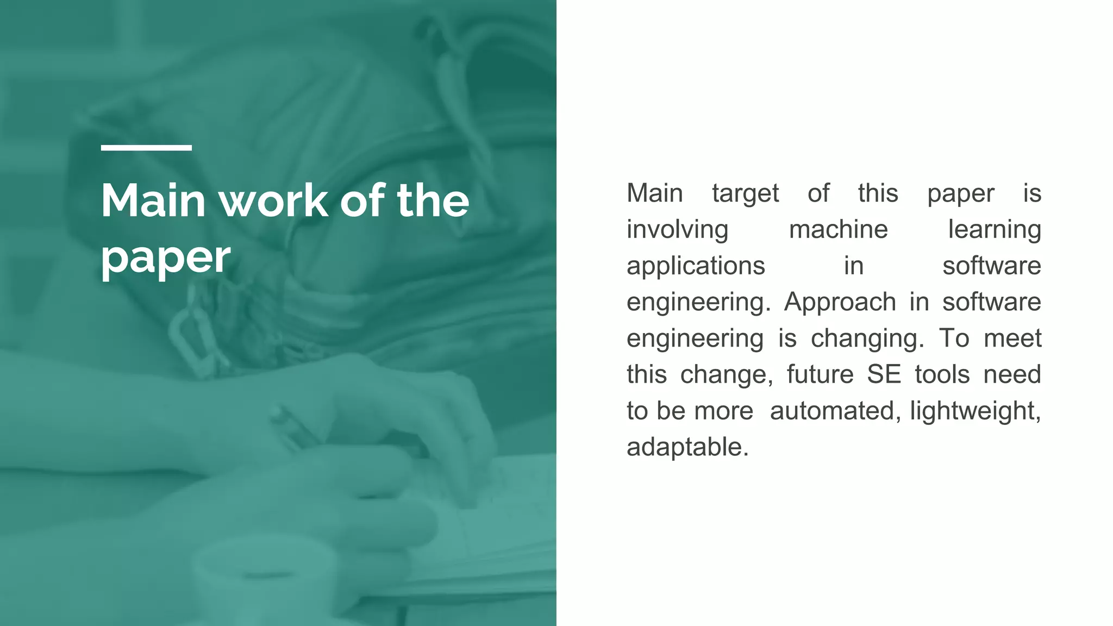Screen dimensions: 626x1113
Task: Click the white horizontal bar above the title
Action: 146,147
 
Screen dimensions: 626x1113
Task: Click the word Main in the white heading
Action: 153,201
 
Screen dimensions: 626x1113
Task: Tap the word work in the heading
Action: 273,201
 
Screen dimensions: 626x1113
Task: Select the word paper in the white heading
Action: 166,258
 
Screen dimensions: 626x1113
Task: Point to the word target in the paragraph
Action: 745,193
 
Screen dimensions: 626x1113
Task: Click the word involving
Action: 677,230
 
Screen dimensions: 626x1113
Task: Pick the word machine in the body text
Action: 838,229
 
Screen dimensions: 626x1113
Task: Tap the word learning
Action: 994,230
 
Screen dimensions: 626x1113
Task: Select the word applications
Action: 696,266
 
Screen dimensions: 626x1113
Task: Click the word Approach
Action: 840,303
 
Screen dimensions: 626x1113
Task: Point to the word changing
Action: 867,339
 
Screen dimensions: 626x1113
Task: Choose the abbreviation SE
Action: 884,375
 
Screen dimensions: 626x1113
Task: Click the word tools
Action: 942,375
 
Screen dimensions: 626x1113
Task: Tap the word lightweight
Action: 975,411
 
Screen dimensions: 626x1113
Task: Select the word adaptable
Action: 687,447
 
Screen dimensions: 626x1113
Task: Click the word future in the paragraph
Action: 820,375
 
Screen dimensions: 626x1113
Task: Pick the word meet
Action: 1012,339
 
